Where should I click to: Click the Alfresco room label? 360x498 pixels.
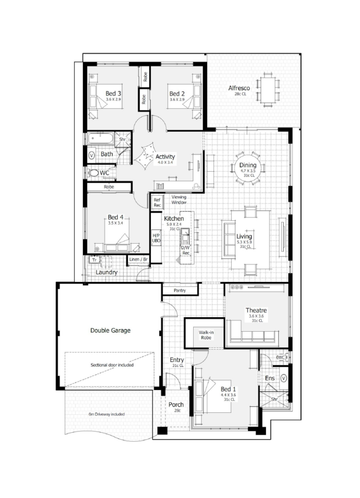(x=239, y=88)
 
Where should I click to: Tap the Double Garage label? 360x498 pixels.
(x=110, y=330)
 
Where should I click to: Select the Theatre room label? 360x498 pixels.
(x=256, y=310)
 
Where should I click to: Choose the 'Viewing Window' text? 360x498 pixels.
(x=182, y=199)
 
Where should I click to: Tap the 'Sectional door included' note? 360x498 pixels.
(x=112, y=364)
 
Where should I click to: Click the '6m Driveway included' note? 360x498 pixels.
(x=107, y=414)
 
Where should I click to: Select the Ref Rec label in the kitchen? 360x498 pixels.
(x=157, y=202)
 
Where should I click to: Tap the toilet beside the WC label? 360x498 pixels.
(x=92, y=173)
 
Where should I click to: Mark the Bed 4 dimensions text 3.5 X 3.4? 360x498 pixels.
(x=115, y=223)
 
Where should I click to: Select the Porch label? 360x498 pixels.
(x=176, y=405)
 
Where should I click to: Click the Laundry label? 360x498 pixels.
(x=106, y=272)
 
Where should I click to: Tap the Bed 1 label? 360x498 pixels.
(x=228, y=389)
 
